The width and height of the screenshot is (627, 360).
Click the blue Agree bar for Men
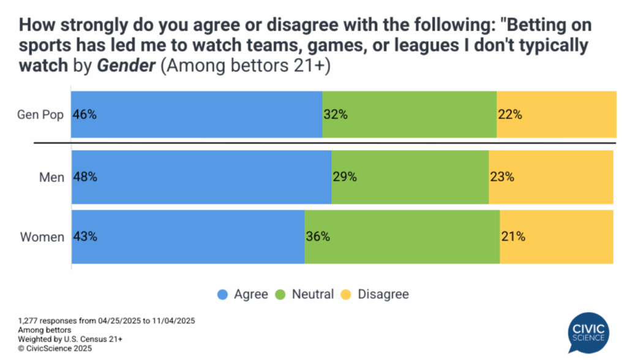point(201,178)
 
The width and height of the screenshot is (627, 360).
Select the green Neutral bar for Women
point(402,237)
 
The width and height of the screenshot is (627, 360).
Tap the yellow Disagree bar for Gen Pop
point(556,114)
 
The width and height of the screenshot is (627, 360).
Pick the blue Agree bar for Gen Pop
point(197,114)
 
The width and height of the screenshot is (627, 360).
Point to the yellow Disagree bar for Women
point(556,237)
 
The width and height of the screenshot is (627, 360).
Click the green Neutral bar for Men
point(410,178)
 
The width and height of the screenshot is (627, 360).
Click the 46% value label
point(84,114)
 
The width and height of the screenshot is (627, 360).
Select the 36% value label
point(317,237)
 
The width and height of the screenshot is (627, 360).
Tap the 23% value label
point(501,178)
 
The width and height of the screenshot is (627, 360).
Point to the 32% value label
point(336,114)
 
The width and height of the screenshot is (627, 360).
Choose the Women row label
point(42,237)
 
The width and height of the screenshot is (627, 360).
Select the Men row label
point(51,178)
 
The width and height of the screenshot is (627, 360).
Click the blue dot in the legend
point(223,294)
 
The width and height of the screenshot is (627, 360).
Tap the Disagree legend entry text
point(383,294)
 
